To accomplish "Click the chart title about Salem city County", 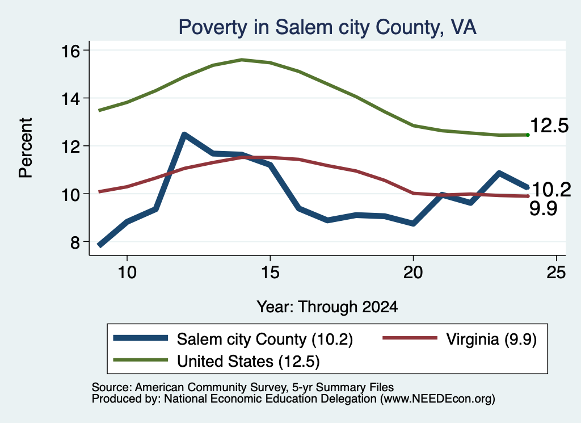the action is click(x=327, y=27).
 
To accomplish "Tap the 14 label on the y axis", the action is click(x=70, y=99).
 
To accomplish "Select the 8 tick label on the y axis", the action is click(x=75, y=242).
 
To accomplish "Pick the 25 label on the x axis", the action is click(x=556, y=273).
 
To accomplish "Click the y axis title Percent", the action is click(x=26, y=148).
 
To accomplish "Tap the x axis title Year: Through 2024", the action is click(x=327, y=307).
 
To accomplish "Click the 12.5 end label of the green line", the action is click(x=549, y=125).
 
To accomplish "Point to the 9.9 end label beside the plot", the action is click(x=543, y=208).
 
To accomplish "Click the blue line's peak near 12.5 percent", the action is click(x=184, y=135).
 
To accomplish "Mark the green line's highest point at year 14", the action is click(x=242, y=59).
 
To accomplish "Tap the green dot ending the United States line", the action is click(x=528, y=135).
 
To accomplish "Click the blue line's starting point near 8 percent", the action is click(x=100, y=245).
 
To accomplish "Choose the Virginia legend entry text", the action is click(x=491, y=339).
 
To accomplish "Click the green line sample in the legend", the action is click(x=141, y=360).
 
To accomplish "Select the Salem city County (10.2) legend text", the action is click(x=265, y=339).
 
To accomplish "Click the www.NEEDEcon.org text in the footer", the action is click(x=437, y=399).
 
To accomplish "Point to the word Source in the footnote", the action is click(x=110, y=387).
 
